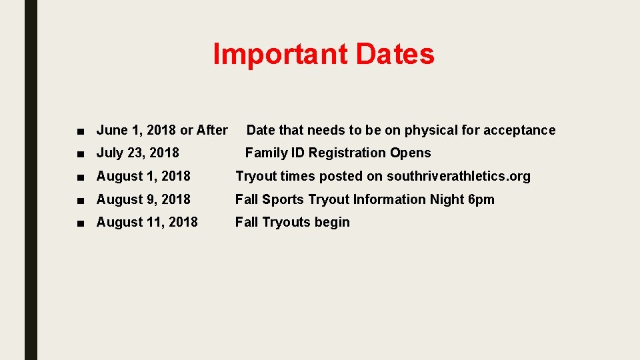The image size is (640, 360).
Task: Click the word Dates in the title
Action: [395, 55]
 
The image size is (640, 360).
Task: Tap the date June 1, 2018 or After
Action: [162, 130]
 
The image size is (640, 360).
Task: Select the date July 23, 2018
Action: [138, 153]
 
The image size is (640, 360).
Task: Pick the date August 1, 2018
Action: [143, 176]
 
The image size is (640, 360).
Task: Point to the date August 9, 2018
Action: [143, 199]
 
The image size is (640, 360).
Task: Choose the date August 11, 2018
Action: [147, 222]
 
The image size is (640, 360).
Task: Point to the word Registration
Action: [347, 153]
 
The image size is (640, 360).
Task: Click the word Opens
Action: [411, 153]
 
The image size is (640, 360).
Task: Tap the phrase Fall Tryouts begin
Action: [292, 222]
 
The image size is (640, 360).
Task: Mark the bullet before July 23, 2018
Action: [80, 153]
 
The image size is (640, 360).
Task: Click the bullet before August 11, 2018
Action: [80, 223]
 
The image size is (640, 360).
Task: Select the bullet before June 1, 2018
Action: [80, 131]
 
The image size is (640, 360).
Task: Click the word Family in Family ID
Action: [265, 153]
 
